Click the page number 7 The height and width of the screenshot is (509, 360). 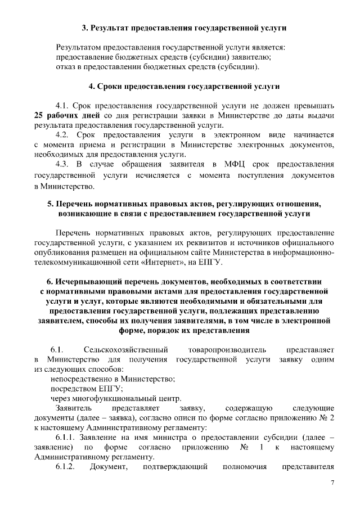click(x=332, y=483)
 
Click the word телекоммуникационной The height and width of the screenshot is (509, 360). click(x=76, y=262)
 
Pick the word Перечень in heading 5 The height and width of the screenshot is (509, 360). click(x=75, y=204)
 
